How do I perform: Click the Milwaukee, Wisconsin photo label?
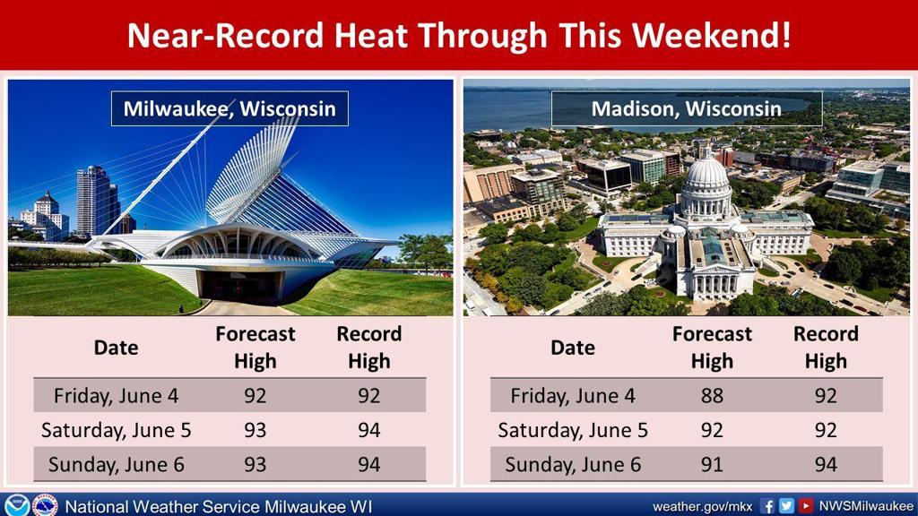click(x=229, y=108)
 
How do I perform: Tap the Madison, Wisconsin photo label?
click(x=686, y=108)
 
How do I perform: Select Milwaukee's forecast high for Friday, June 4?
click(x=255, y=396)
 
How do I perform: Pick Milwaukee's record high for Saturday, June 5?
click(x=369, y=431)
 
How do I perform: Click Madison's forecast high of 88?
click(x=712, y=396)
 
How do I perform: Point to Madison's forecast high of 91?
click(x=712, y=465)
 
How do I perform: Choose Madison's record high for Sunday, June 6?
click(x=826, y=465)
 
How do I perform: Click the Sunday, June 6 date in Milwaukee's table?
click(x=116, y=465)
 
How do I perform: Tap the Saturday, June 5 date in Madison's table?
click(x=573, y=431)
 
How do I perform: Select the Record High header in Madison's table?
click(x=826, y=348)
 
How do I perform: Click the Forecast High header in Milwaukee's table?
click(x=255, y=348)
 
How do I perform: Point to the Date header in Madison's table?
click(x=573, y=348)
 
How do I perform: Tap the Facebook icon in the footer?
click(x=767, y=506)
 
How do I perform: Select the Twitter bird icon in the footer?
click(x=786, y=506)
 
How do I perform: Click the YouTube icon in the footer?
click(x=806, y=506)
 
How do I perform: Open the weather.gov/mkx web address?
click(x=703, y=507)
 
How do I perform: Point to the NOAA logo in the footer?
click(x=16, y=505)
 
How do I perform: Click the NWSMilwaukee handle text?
click(x=866, y=506)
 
